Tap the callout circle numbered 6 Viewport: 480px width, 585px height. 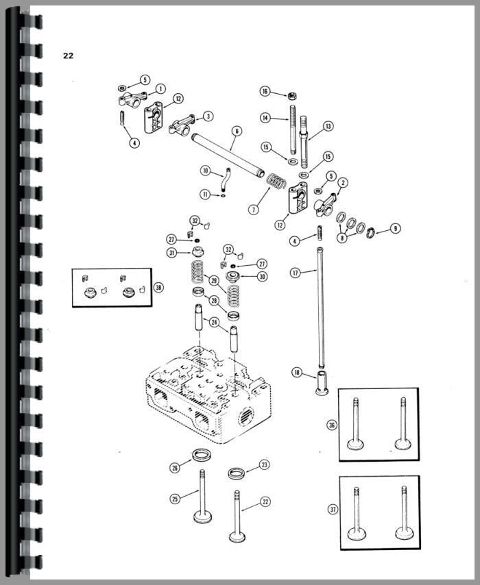tap(237, 131)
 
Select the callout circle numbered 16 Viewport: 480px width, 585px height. tap(265, 91)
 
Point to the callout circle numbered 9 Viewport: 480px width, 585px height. tap(394, 227)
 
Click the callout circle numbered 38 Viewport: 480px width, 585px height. tap(158, 287)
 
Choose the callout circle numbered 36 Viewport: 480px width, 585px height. tap(333, 425)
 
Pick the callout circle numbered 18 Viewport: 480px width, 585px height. tap(296, 372)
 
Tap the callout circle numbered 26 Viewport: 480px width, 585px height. tap(176, 467)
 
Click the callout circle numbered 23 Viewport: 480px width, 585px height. tap(265, 465)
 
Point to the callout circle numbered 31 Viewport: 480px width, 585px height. tap(171, 253)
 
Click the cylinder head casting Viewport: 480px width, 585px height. tap(209, 397)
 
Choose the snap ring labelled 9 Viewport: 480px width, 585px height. tap(371, 229)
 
